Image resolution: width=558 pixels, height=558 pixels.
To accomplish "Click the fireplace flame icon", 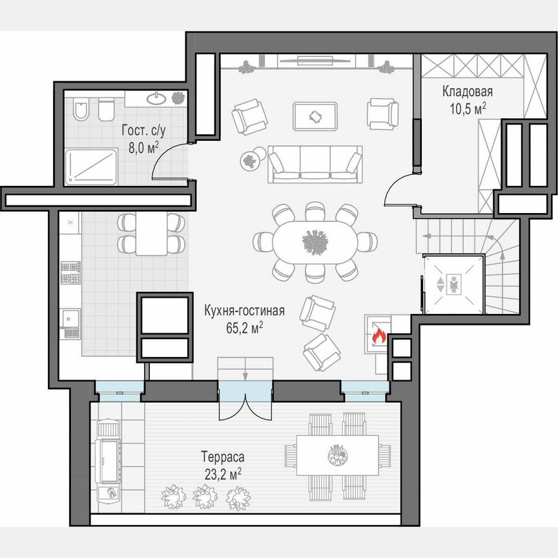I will pyautogui.click(x=379, y=336).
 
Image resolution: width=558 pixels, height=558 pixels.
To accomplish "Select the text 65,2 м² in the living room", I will pyautogui.click(x=245, y=328).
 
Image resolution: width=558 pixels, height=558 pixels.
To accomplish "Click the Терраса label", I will pyautogui.click(x=222, y=457).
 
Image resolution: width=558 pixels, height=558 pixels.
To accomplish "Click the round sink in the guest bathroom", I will pyautogui.click(x=156, y=99).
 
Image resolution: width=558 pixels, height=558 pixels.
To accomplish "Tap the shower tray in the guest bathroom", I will pyautogui.click(x=92, y=166).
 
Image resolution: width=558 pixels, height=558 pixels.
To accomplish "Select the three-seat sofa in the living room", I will pyautogui.click(x=315, y=163).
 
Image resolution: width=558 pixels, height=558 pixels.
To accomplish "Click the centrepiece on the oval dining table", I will pyautogui.click(x=315, y=242).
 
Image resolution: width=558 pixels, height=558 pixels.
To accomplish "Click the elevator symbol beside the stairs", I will pyautogui.click(x=453, y=284).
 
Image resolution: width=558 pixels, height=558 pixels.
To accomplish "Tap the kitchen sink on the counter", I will pyautogui.click(x=69, y=318).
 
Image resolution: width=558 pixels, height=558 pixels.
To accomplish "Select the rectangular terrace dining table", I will pyautogui.click(x=337, y=454).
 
